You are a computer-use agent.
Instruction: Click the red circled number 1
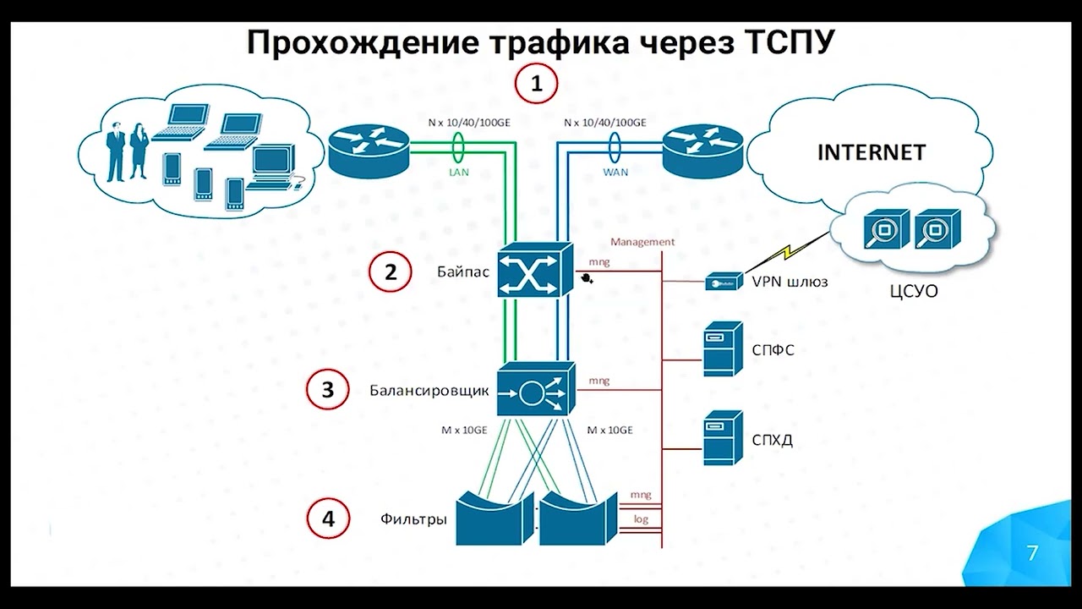[x=537, y=84]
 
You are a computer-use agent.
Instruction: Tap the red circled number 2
[x=390, y=272]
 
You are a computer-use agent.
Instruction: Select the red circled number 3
[x=327, y=389]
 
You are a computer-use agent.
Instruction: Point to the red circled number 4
[x=327, y=518]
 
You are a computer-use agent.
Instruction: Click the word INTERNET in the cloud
[x=871, y=153]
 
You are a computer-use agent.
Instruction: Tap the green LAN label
[x=460, y=171]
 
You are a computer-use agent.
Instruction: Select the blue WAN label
[x=615, y=171]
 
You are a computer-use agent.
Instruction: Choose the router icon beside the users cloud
[x=368, y=151]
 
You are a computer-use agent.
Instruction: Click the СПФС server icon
[x=723, y=348]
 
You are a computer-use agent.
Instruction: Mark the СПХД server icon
[x=723, y=438]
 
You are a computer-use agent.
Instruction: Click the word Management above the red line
[x=642, y=242]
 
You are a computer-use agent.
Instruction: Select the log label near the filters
[x=641, y=519]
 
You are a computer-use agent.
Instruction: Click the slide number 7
[x=1032, y=554]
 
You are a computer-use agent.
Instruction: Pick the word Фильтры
[x=413, y=519]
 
